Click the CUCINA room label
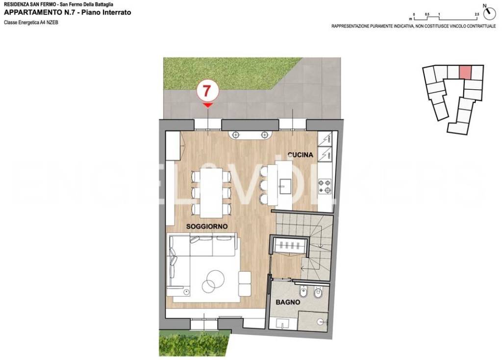pos(301,154)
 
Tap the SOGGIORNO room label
pos(207,227)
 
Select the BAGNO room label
pos(288,302)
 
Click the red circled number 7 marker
pos(207,91)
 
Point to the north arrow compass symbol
pos(489,14)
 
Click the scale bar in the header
pos(445,17)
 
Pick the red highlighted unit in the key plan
pos(466,73)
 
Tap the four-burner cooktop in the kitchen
pos(325,187)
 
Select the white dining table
pos(211,193)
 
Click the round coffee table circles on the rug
pos(212,281)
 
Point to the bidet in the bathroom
pos(303,292)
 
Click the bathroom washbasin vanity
pos(283,324)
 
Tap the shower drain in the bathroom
pos(321,321)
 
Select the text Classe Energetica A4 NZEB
pos(31,23)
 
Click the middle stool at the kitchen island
pos(264,186)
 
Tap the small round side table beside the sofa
pos(186,292)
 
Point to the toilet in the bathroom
pos(318,292)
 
